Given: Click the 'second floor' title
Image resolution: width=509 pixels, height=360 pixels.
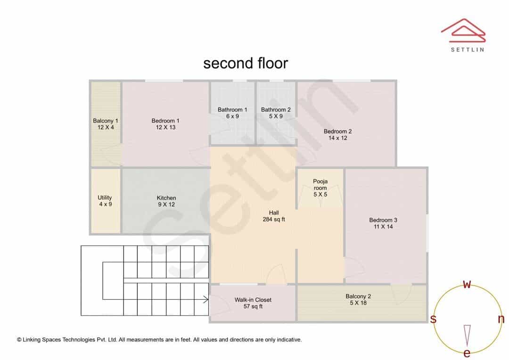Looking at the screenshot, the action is pos(246,63).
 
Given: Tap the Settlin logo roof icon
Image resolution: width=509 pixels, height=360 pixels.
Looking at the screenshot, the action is pos(463,31).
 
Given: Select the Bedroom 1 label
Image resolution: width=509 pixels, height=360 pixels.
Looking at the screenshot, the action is pos(165,121).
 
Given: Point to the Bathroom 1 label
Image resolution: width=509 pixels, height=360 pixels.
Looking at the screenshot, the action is pos(232,110).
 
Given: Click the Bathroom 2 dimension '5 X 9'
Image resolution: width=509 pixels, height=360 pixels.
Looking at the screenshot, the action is pos(276,116).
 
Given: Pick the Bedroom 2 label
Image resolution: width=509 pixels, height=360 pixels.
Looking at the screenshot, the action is pos(337,131).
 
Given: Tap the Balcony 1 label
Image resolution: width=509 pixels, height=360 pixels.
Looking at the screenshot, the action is pos(106,121).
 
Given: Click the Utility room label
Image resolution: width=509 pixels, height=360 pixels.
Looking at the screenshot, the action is pos(105,198).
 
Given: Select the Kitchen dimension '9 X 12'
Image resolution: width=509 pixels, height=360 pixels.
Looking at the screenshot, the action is pos(166,205).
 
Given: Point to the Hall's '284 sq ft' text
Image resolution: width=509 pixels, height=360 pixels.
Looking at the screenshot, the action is pos(274,220).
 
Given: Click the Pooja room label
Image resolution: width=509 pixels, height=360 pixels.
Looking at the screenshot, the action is pos(320,184).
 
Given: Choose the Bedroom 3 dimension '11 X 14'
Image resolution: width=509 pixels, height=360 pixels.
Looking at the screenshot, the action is pos(383,227).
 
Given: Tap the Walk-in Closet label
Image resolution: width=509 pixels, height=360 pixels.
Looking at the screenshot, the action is pos(253,300).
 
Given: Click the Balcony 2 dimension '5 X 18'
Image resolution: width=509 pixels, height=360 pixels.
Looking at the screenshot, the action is pos(358,303).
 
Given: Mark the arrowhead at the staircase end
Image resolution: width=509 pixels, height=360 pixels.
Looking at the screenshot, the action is pos(206,299).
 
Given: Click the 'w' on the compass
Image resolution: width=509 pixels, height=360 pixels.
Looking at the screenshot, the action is pos(467,285).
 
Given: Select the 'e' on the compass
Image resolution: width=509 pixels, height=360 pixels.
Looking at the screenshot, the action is pos(467,353).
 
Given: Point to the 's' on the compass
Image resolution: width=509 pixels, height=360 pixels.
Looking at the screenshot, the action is pos(433,319).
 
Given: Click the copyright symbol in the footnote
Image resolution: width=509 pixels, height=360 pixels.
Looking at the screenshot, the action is pos(19,340).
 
